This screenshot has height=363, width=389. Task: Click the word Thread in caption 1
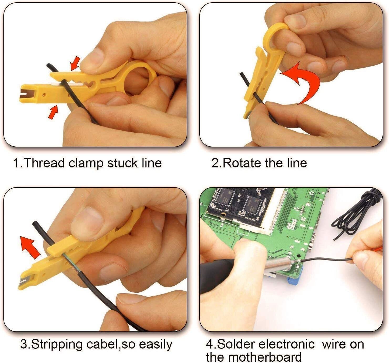44,163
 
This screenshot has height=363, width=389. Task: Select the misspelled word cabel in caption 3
102,344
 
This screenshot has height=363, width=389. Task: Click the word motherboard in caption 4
265,357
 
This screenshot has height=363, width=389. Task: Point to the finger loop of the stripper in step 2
276,34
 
